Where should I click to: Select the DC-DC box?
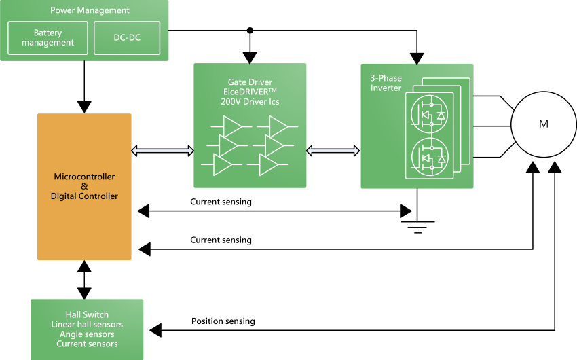pyautogui.click(x=127, y=38)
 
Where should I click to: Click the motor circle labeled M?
pyautogui.click(x=543, y=124)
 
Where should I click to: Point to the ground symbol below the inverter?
pyautogui.click(x=416, y=223)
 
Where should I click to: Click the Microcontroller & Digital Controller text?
pyautogui.click(x=84, y=186)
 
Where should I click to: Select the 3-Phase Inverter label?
pyautogui.click(x=386, y=84)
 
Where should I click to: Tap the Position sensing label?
pyautogui.click(x=223, y=321)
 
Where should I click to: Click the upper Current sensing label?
pyautogui.click(x=221, y=202)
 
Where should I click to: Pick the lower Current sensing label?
pyautogui.click(x=221, y=240)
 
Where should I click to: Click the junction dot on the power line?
pyautogui.click(x=250, y=31)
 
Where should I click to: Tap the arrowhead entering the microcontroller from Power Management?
pyautogui.click(x=84, y=107)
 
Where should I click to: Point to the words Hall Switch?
pyautogui.click(x=87, y=314)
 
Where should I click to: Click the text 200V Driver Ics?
pyautogui.click(x=250, y=102)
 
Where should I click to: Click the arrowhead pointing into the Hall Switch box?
pyautogui.click(x=156, y=330)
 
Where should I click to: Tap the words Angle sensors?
pyautogui.click(x=87, y=334)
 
